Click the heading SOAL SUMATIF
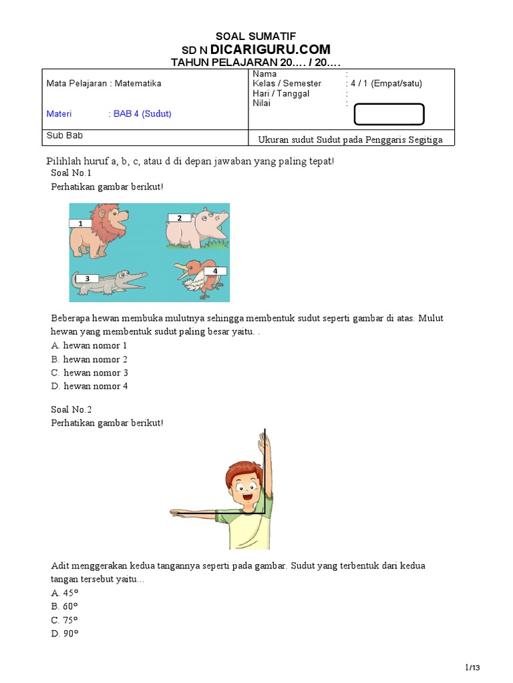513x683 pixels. point(256,36)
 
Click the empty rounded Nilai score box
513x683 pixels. point(389,115)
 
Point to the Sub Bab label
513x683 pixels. point(60,135)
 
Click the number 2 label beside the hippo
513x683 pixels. point(179,218)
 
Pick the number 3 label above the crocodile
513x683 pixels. point(85,278)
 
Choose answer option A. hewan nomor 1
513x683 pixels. point(89,346)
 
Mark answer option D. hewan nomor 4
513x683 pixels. point(89,386)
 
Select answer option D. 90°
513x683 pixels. point(65,633)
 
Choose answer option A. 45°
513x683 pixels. point(65,592)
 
